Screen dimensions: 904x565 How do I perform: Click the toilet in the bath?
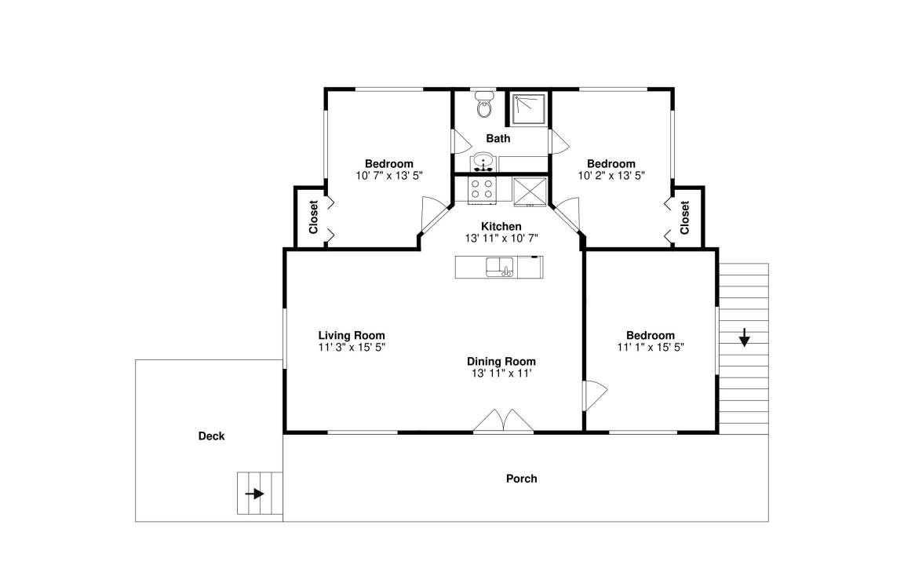(x=484, y=104)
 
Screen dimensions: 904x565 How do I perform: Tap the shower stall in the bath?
(x=528, y=110)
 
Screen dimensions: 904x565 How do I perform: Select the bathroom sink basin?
(x=482, y=162)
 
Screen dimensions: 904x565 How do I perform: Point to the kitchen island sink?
(x=500, y=267)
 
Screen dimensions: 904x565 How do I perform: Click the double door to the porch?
(x=503, y=421)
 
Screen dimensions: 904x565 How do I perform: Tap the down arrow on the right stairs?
(x=744, y=337)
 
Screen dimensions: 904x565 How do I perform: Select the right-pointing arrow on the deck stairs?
(x=254, y=494)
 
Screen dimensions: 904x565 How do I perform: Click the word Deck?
(x=212, y=436)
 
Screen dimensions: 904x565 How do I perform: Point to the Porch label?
(x=522, y=479)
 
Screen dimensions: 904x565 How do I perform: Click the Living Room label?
(x=352, y=335)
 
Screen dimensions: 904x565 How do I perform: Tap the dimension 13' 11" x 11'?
(x=501, y=373)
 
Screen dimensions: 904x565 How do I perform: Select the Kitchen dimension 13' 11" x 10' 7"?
(x=501, y=238)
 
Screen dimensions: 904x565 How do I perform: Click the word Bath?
(x=498, y=138)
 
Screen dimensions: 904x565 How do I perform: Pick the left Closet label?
(x=314, y=217)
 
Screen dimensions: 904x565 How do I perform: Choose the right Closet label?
(x=685, y=217)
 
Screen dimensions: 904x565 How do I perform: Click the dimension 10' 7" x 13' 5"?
(x=389, y=175)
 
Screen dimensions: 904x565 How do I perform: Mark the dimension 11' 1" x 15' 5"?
(x=651, y=347)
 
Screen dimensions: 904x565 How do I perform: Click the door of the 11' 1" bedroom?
(x=596, y=395)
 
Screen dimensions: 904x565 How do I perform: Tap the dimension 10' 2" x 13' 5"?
(x=611, y=175)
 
